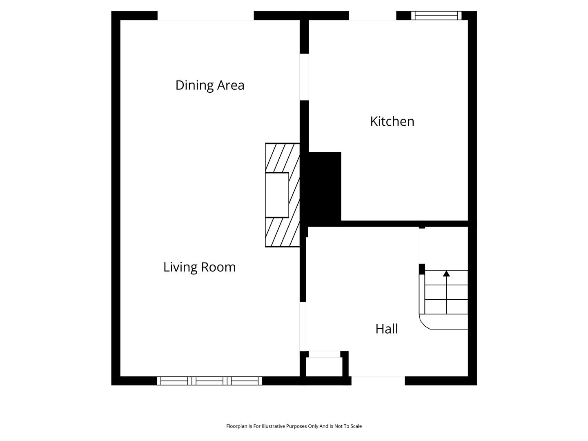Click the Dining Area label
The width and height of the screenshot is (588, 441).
210,85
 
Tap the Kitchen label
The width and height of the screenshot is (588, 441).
392,121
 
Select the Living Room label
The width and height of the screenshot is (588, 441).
200,267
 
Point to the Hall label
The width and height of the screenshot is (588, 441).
387,329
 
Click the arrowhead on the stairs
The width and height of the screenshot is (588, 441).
446,274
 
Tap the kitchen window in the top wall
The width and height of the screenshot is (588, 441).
437,16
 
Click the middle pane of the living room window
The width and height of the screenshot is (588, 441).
209,381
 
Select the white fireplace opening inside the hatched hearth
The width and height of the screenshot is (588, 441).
277,195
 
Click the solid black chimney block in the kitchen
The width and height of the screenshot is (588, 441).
324,189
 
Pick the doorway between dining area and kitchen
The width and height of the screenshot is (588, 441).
304,77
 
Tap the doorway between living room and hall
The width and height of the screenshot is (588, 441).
303,326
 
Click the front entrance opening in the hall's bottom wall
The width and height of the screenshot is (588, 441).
378,381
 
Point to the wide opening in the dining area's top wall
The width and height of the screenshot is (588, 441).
205,16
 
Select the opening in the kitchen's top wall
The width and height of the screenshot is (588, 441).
373,16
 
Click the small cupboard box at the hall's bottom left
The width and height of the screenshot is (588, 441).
324,367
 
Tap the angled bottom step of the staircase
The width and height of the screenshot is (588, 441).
443,321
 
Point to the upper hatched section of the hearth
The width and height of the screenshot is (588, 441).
283,158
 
